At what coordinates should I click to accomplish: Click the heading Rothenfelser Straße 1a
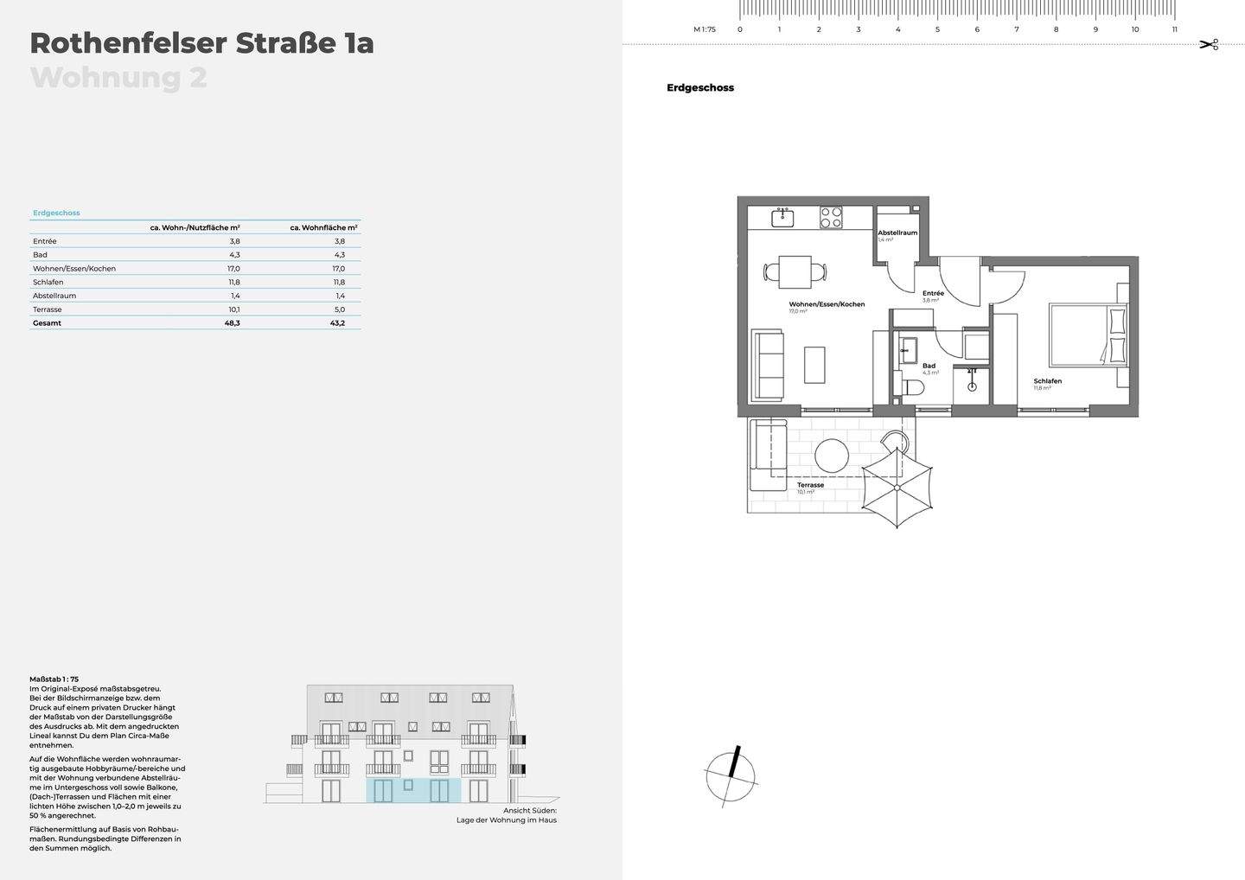[201, 42]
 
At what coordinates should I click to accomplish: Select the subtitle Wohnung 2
[118, 77]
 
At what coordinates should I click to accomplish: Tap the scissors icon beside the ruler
[1208, 44]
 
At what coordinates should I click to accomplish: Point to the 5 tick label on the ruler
[937, 29]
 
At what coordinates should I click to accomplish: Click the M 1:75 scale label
[704, 29]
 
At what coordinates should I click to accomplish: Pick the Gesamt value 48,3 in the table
[232, 323]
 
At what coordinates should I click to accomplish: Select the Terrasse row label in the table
[48, 309]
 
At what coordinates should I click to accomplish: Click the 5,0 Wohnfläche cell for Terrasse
[340, 309]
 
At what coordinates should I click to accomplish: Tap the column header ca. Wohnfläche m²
[323, 227]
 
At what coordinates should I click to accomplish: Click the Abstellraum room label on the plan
[897, 233]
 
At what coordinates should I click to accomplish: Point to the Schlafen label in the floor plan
[1047, 381]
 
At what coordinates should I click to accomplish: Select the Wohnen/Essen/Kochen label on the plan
[827, 304]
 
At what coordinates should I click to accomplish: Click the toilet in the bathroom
[911, 387]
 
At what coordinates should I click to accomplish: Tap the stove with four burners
[831, 217]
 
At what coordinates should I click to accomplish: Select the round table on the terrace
[833, 456]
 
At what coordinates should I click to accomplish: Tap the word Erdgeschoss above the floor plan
[699, 88]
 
